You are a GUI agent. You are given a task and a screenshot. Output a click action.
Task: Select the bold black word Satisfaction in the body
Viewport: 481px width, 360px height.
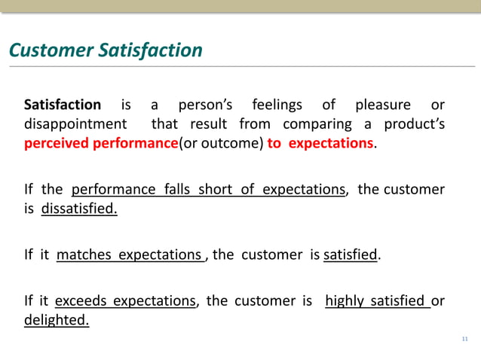[x=63, y=105]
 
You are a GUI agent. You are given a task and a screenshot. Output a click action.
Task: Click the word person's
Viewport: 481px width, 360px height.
[x=205, y=105]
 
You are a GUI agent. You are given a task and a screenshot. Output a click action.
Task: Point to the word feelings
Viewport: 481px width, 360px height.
[x=277, y=105]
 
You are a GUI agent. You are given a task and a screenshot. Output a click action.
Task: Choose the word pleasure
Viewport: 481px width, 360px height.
[x=383, y=105]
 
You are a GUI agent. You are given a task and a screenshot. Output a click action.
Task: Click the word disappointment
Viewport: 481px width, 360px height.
[x=75, y=124]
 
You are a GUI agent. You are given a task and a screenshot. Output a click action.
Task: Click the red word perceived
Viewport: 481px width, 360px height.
[x=57, y=143]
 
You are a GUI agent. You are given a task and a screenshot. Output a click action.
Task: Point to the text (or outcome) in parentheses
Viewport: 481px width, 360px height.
[x=219, y=143]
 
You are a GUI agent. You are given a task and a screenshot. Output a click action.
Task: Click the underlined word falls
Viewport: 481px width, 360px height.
[x=179, y=189]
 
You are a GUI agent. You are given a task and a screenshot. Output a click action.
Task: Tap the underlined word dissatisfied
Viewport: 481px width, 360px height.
[x=79, y=209]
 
